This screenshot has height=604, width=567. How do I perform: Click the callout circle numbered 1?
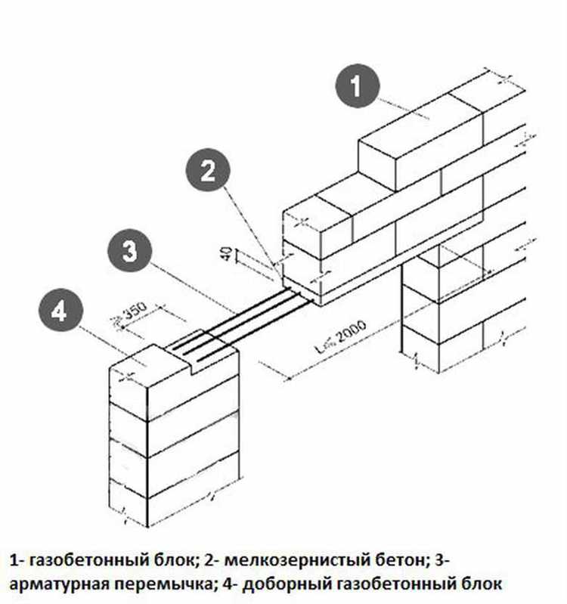[x=357, y=86]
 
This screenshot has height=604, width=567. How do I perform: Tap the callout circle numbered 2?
[x=208, y=171]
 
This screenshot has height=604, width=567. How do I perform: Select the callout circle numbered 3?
[x=129, y=251]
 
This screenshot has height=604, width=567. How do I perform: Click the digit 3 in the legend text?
[x=439, y=559]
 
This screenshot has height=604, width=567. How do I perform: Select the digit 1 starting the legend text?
[x=14, y=560]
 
